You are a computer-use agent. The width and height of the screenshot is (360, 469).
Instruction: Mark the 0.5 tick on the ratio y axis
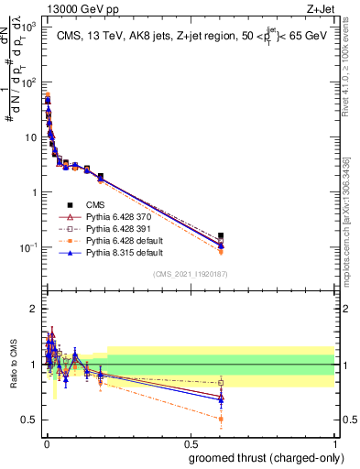coord(30,420)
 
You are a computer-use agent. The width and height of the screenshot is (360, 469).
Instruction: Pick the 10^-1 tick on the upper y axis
coord(29,247)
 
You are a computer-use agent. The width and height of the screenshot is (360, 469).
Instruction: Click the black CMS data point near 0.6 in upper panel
coord(221,235)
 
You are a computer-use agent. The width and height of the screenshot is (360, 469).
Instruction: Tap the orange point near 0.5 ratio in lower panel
coord(221,419)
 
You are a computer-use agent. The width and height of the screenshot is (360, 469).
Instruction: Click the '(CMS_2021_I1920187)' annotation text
coord(191,274)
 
